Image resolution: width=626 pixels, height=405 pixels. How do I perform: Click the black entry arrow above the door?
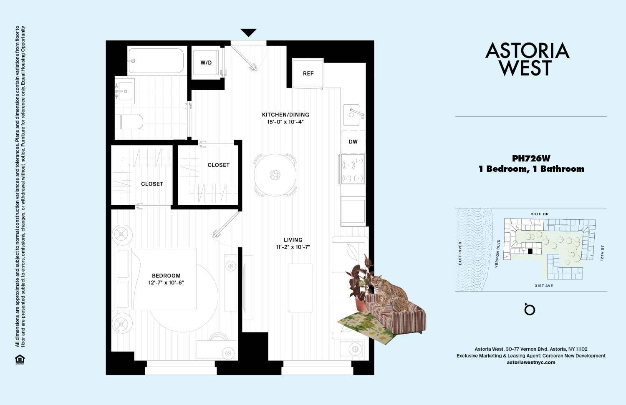[x=248, y=33]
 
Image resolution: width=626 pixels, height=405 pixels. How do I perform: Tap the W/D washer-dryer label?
[x=206, y=63]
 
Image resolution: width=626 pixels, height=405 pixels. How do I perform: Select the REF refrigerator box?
[x=308, y=73]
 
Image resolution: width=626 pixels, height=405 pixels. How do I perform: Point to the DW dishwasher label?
[x=353, y=142]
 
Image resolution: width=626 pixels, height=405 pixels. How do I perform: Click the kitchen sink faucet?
[x=357, y=113]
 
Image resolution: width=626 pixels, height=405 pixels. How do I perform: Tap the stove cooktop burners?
[x=352, y=169]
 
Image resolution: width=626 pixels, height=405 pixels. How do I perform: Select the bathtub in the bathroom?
[x=156, y=60]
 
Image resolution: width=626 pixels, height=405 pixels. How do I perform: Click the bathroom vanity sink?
[x=125, y=91]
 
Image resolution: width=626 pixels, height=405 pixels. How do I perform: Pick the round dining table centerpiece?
[x=275, y=175]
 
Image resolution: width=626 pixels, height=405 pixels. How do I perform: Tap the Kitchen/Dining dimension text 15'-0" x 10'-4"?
[x=285, y=122]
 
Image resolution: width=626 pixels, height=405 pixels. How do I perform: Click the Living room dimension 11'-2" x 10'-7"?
[x=293, y=247]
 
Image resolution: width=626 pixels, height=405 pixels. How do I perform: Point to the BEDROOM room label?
[x=166, y=275]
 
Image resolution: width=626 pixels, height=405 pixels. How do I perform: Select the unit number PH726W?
[x=531, y=158]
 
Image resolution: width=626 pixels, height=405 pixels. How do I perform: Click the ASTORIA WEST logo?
[x=527, y=59]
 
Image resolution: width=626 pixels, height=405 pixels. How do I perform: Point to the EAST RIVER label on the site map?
[x=460, y=253]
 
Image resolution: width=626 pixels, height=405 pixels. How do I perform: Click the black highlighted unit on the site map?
[x=530, y=252]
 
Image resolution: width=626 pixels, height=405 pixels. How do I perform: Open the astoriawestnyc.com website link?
[x=531, y=362]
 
